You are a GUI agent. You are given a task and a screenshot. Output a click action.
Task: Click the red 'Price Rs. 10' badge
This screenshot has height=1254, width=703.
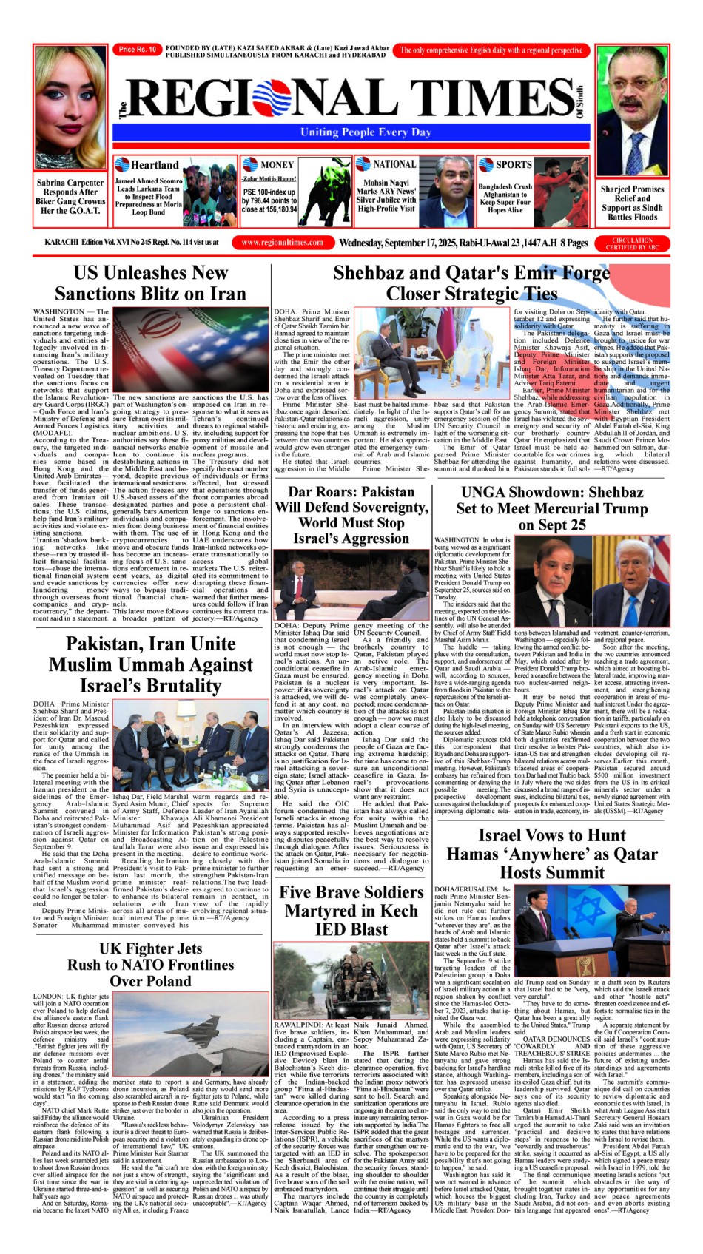click(137, 50)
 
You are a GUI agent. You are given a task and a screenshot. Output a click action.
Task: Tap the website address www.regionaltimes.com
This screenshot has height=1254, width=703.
click(282, 243)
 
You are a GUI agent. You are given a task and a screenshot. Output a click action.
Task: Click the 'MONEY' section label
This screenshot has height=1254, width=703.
click(277, 165)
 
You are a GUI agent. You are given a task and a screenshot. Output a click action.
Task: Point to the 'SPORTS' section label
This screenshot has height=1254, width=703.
click(513, 164)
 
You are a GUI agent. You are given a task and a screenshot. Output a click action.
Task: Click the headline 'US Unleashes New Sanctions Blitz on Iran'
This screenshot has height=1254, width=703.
click(150, 283)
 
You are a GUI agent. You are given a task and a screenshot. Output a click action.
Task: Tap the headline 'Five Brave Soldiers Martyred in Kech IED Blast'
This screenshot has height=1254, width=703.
click(351, 911)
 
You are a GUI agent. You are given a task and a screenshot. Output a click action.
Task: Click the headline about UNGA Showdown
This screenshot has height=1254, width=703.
click(551, 508)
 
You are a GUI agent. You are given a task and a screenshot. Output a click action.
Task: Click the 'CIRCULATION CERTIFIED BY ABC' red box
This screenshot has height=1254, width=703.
click(632, 243)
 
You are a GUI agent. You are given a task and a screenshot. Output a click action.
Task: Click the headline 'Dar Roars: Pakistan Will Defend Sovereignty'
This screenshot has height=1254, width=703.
click(351, 516)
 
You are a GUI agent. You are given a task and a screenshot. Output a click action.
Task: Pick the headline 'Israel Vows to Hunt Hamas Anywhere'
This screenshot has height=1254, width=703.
click(551, 854)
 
